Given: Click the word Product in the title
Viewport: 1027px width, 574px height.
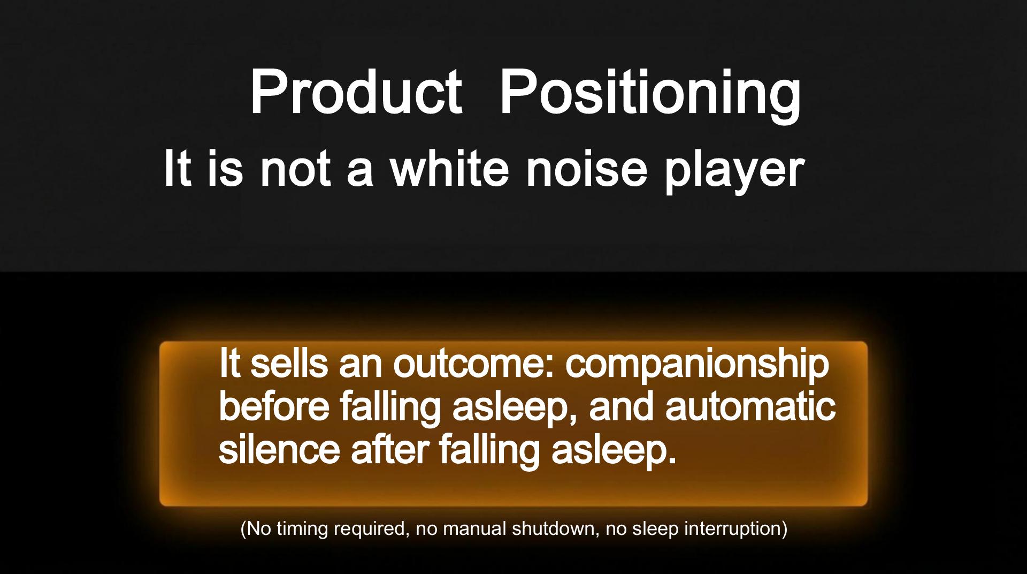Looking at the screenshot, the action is (x=356, y=92).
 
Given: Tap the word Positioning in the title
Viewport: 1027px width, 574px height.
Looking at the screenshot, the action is (x=650, y=95).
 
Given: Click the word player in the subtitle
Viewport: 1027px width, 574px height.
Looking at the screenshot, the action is (x=734, y=172).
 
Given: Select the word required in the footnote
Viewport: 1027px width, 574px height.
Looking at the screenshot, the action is (x=370, y=529).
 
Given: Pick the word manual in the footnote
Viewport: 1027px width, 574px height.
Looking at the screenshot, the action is (x=475, y=528).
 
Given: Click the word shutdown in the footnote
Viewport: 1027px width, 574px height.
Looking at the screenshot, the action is (x=556, y=528).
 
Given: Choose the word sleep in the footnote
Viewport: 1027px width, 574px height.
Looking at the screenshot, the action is (x=656, y=529).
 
